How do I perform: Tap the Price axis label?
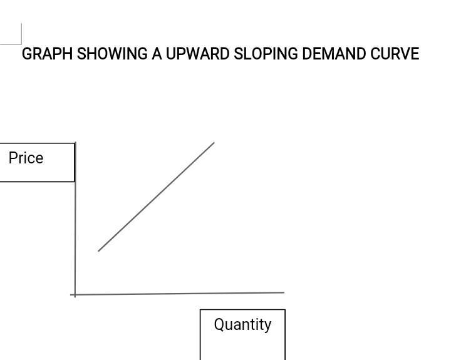pos(26,158)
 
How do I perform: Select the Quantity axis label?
pos(242,325)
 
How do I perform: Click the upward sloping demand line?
pos(157,197)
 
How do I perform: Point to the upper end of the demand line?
pos(214,143)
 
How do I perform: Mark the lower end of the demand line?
pos(99,250)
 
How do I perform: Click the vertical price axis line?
pos(75,219)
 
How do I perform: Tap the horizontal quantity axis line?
pos(182,293)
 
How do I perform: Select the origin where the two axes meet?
pos(75,294)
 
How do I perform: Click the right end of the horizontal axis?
pos(283,292)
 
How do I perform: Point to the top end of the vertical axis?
pos(75,143)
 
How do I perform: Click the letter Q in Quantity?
pos(219,324)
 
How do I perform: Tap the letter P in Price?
pos(13,158)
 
